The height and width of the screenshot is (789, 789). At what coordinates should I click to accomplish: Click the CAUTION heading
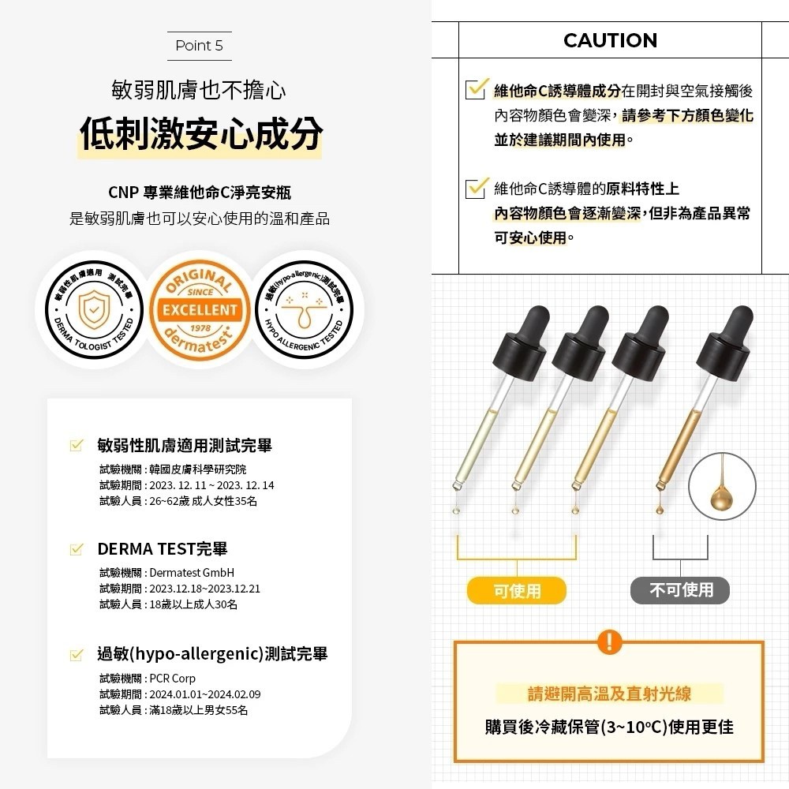[610, 40]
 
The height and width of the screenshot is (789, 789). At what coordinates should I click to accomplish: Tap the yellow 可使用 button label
[517, 590]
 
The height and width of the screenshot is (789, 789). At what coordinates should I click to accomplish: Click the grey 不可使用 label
[680, 590]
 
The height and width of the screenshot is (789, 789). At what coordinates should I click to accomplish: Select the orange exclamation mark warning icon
[609, 641]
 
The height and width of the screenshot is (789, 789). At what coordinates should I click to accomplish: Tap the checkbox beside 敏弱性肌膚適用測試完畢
[77, 446]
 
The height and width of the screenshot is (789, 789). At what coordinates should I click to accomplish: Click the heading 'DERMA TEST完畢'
[162, 548]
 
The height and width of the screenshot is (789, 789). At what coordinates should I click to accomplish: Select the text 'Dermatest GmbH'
[192, 572]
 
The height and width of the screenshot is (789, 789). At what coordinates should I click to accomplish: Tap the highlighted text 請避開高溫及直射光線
[609, 694]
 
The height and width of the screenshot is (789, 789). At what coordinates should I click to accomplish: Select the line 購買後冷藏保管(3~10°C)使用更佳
[609, 727]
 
